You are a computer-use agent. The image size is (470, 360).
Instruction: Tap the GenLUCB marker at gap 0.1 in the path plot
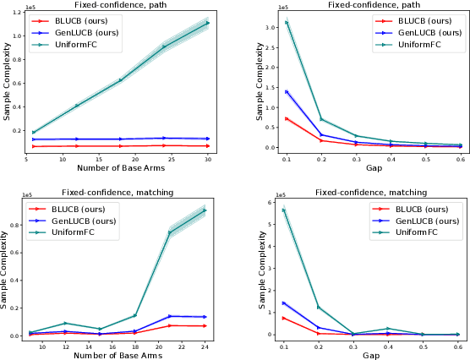(287, 91)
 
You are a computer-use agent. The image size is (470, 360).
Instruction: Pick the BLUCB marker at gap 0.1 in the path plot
(287, 118)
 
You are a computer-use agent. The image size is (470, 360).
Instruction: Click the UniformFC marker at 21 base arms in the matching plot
(169, 232)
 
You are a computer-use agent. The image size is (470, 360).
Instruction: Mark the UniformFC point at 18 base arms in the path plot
(121, 80)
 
